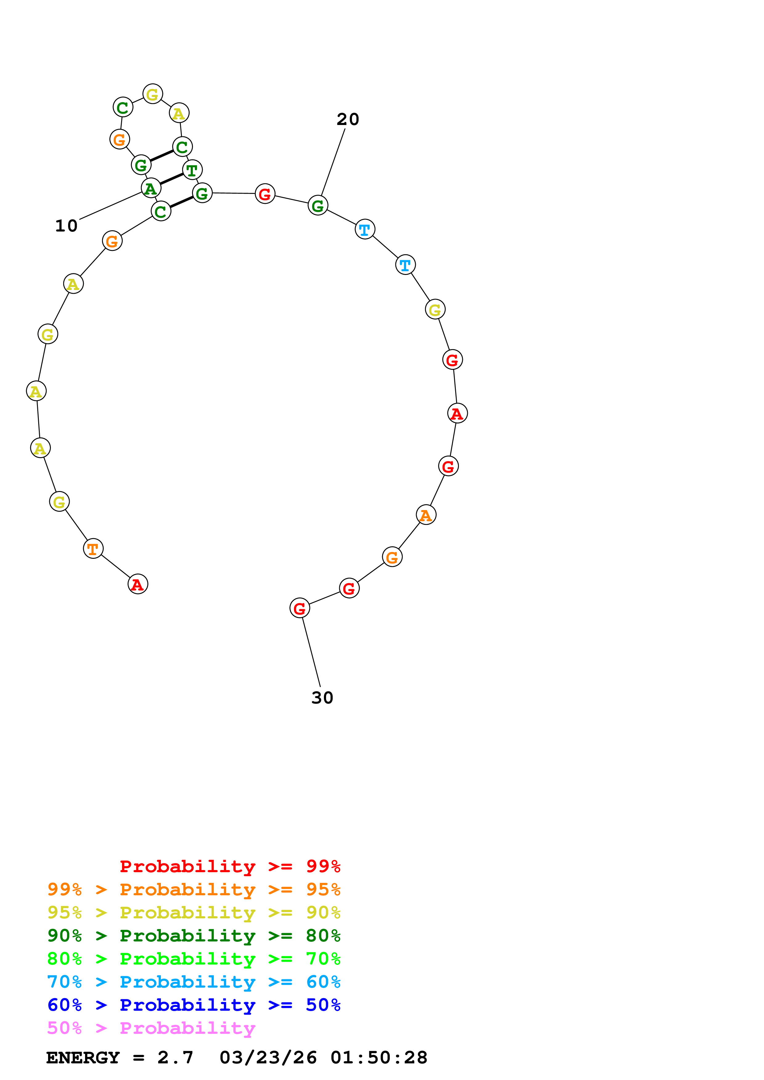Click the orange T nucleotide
click(x=93, y=549)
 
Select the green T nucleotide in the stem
click(x=192, y=170)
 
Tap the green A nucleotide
click(x=151, y=188)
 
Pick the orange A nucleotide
click(x=426, y=515)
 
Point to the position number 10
click(x=66, y=226)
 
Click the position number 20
click(x=348, y=119)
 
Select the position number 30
click(x=322, y=698)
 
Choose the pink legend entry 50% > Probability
click(x=151, y=1028)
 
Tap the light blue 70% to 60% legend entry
click(x=194, y=982)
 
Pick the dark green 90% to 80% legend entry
click(x=194, y=936)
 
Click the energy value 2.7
click(x=175, y=1058)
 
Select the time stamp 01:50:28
click(x=379, y=1058)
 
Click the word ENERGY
click(x=83, y=1058)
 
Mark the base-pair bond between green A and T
click(x=171, y=179)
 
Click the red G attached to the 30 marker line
click(x=299, y=608)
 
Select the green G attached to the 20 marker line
click(x=318, y=206)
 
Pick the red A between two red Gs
click(x=457, y=413)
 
